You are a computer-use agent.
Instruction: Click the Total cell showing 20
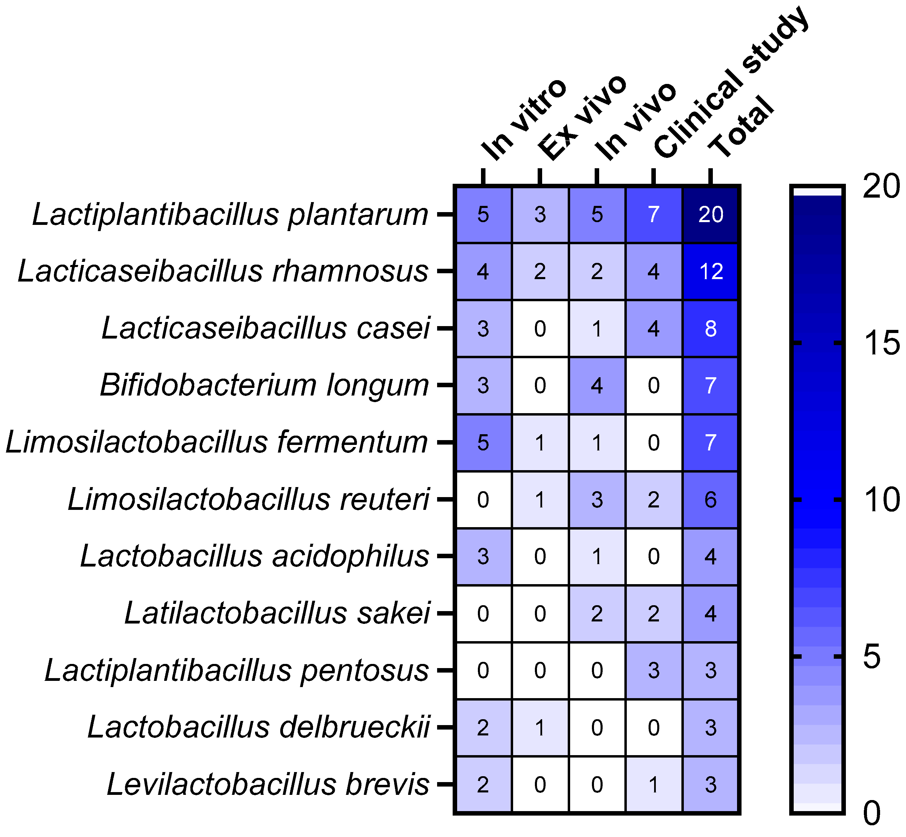(710, 214)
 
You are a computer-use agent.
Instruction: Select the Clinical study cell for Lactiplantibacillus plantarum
(653, 214)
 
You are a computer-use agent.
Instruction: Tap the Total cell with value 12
(710, 271)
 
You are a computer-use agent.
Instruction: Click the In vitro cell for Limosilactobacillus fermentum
(483, 443)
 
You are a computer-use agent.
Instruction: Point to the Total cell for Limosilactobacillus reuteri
(710, 500)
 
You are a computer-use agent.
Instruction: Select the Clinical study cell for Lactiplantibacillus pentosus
(653, 670)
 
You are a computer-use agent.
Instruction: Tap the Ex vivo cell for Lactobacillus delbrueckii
(539, 727)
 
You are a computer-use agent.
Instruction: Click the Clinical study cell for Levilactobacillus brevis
(653, 784)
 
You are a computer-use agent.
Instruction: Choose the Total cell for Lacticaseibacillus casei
(710, 329)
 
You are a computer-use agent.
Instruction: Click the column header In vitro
(523, 120)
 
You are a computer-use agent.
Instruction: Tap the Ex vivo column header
(582, 118)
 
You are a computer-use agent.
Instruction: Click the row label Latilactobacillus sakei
(277, 613)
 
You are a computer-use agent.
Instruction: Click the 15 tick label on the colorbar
(881, 343)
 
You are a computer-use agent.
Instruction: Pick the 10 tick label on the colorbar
(881, 500)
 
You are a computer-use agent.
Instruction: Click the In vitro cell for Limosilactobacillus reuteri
(483, 500)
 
